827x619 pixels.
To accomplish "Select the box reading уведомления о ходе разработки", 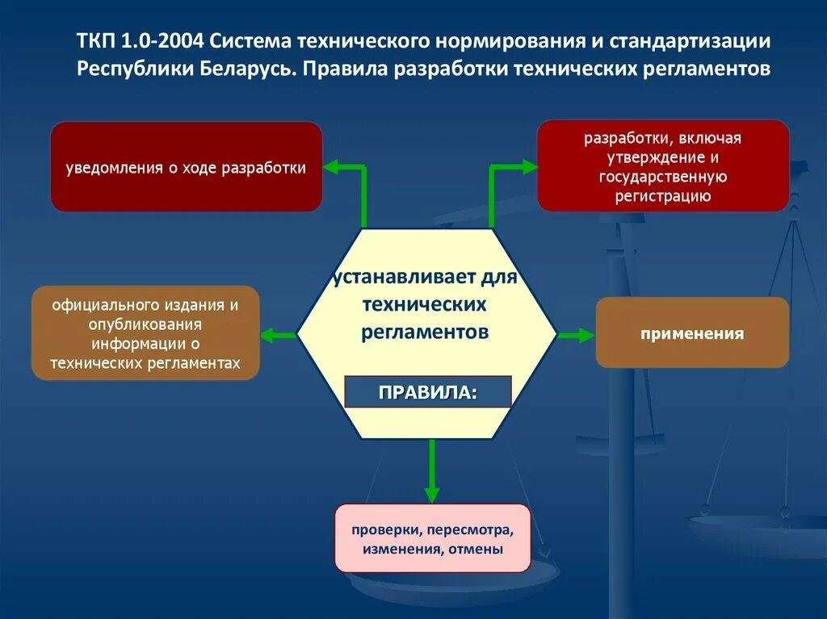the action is [x=187, y=167].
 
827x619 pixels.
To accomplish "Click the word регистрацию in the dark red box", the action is [x=663, y=196].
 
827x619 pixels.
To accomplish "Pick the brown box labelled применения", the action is [x=692, y=333].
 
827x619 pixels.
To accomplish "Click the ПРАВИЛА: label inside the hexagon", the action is [x=427, y=392].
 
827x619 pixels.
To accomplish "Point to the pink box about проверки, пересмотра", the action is [x=432, y=539].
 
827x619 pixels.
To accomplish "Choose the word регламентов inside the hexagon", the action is [x=425, y=332].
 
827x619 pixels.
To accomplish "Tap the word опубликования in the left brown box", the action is [x=145, y=325].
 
